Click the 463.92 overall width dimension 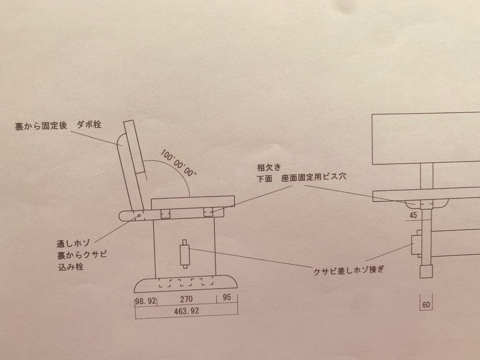[186, 311]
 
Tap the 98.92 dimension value [146, 300]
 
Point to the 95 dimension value [227, 299]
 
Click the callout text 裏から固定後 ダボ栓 [58, 126]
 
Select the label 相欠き [266, 168]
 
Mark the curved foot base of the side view [186, 284]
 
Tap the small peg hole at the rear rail [140, 216]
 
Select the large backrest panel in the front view [426, 138]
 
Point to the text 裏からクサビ [79, 256]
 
